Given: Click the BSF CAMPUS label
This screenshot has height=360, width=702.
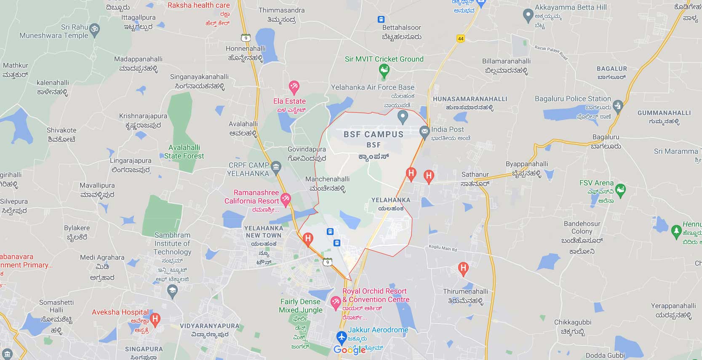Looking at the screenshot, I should click(x=373, y=135).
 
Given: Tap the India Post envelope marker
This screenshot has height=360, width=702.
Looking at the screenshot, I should click(x=424, y=132).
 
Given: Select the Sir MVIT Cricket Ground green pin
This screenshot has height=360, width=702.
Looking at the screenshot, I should click(x=384, y=70).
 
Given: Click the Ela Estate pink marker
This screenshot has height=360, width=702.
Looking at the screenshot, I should click(x=294, y=87).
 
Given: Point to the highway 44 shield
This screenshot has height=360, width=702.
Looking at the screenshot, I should click(x=460, y=38).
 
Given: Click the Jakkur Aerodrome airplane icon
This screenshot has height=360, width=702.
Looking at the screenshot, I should click(x=341, y=337).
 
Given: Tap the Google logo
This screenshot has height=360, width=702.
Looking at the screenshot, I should click(x=350, y=350).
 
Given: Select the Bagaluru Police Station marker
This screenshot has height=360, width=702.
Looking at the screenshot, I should click(x=618, y=105).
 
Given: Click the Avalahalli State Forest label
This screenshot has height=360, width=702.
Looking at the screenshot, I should click(x=184, y=152).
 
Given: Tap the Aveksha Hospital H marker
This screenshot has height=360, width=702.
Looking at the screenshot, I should click(x=155, y=319).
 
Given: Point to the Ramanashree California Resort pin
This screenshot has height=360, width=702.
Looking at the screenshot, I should click(x=286, y=199).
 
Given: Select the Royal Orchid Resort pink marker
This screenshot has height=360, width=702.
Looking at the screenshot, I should click(x=336, y=302).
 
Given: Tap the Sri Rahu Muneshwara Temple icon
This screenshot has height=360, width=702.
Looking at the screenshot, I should click(x=95, y=30).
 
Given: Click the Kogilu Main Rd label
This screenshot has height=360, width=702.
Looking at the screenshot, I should click(x=443, y=248).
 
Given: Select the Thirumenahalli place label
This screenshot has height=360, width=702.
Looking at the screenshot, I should click(x=465, y=291).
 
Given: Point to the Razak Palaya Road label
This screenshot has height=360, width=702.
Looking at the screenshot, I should click(x=551, y=52).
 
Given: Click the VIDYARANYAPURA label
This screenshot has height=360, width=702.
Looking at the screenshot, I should click(x=209, y=326).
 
